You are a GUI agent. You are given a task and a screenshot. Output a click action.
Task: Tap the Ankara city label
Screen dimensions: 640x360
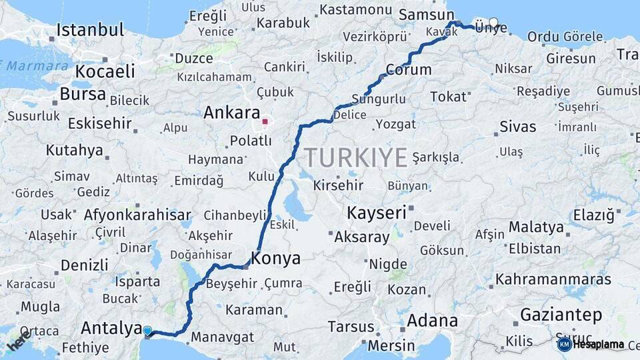click(x=231, y=113)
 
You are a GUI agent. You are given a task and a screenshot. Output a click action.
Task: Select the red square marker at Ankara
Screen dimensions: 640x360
click(x=265, y=121)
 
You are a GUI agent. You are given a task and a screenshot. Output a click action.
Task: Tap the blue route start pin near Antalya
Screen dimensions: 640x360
click(x=147, y=330)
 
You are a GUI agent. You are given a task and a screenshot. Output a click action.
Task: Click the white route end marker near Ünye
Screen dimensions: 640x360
click(x=493, y=22)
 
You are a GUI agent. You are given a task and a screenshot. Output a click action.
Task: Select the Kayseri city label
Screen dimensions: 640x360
click(x=377, y=213)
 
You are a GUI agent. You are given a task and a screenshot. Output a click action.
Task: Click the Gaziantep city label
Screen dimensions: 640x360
click(x=561, y=315)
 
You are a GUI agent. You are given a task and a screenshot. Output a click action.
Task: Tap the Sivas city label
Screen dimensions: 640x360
click(x=517, y=127)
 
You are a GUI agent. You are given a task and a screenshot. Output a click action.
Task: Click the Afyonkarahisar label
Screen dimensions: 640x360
click(x=137, y=215)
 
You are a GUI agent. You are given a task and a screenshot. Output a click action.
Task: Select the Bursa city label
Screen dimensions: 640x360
click(x=83, y=94)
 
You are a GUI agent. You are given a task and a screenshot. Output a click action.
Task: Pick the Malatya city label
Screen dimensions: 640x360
click(x=536, y=227)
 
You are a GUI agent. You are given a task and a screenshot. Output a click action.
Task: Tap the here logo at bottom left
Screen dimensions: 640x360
click(x=18, y=342)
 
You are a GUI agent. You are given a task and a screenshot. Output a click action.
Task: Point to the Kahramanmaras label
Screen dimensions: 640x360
click(x=553, y=279)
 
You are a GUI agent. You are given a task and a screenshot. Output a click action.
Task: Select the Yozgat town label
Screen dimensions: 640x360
click(x=395, y=124)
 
